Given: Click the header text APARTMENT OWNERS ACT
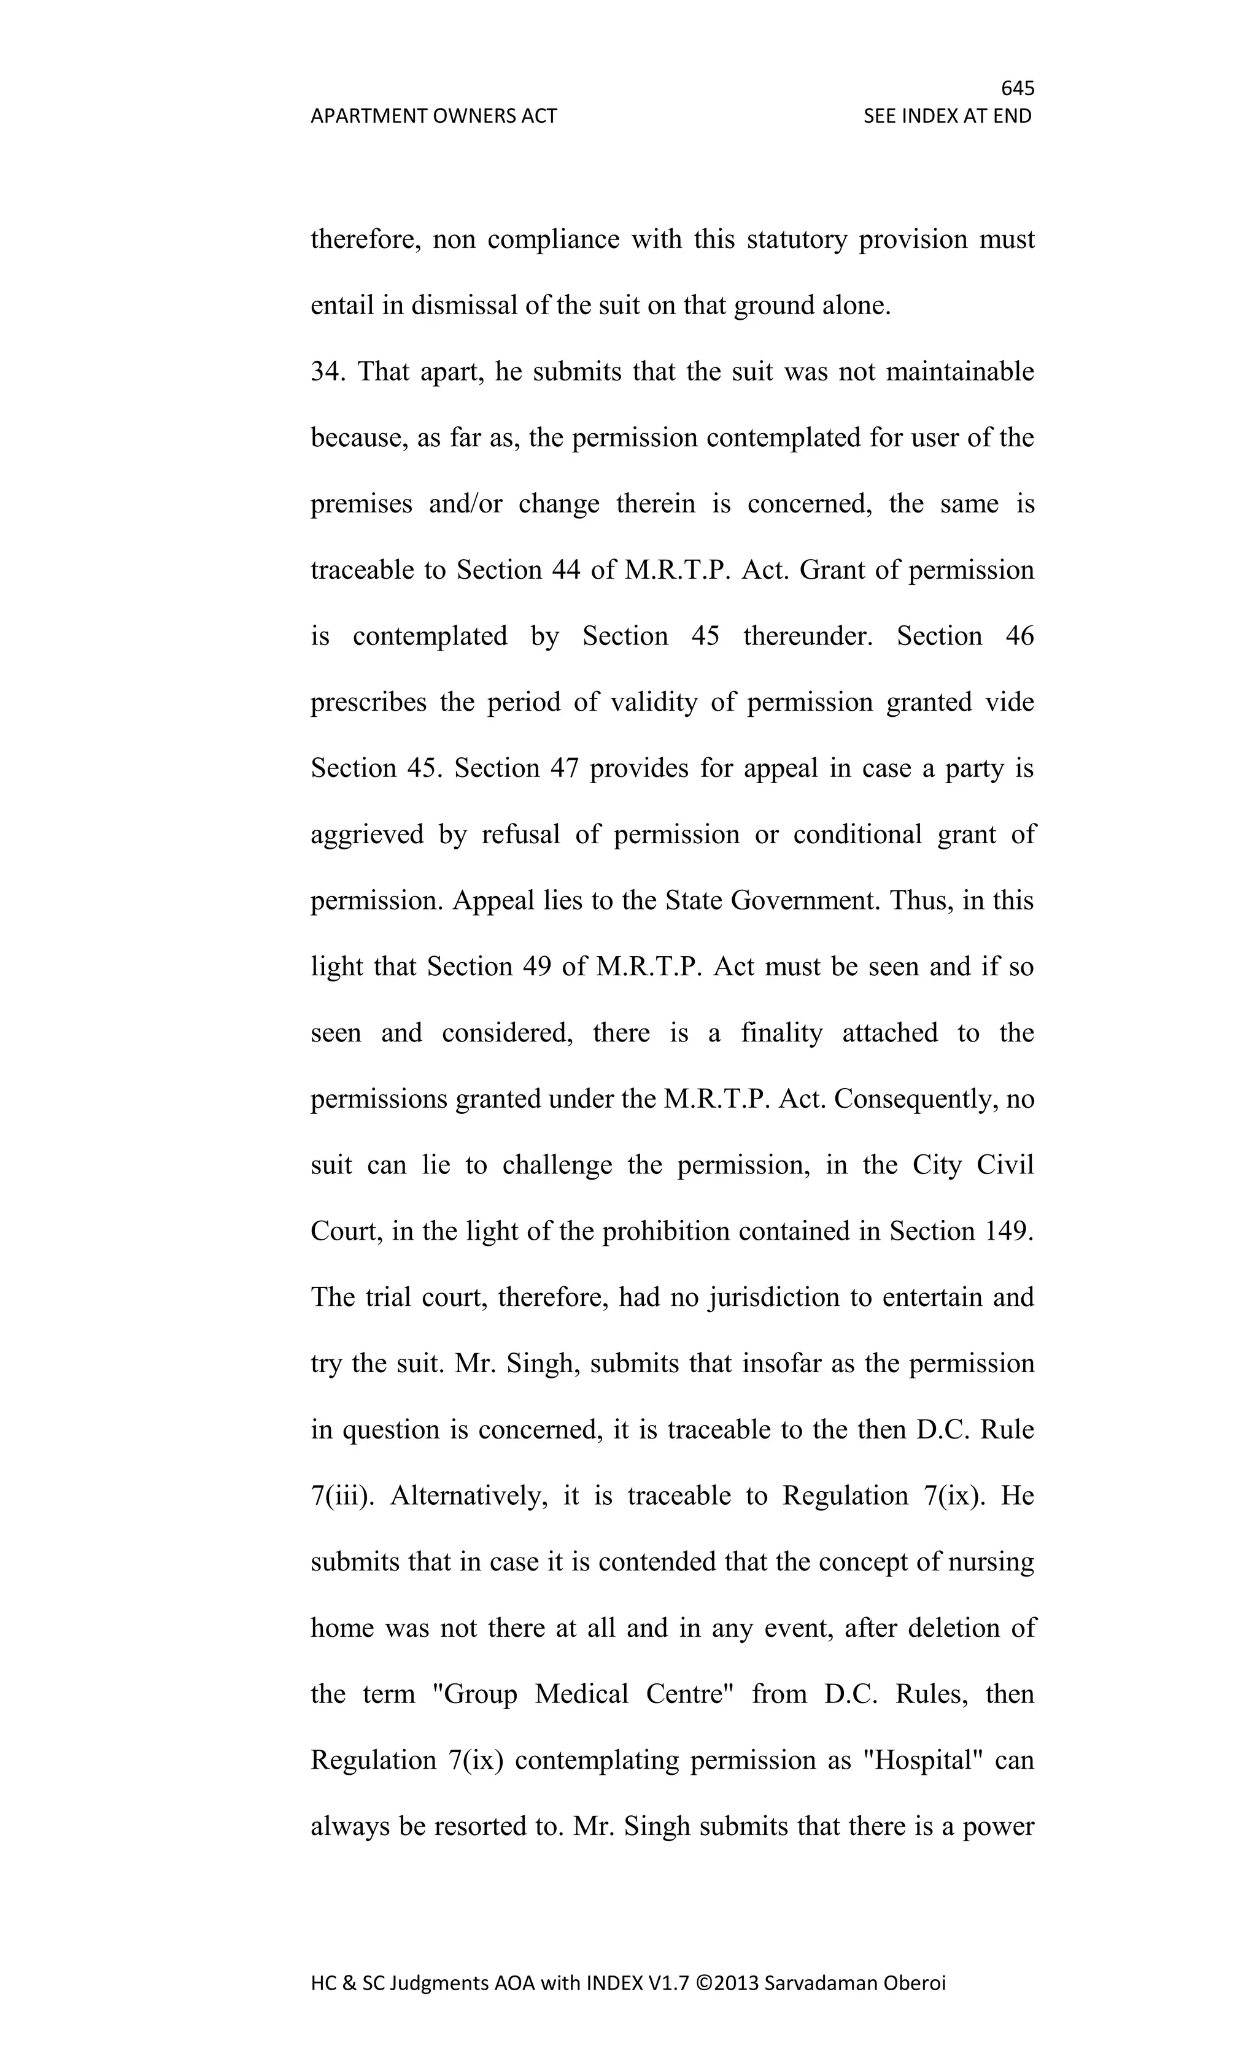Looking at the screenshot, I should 433,116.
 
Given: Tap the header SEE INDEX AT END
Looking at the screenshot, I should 947,116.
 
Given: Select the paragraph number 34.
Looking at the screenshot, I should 325,371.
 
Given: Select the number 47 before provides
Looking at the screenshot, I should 565,768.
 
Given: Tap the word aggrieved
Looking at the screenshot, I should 367,834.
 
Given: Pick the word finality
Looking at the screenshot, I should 781,1032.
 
